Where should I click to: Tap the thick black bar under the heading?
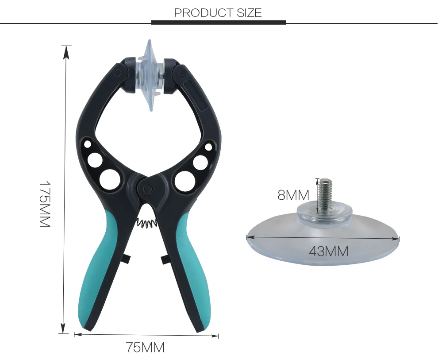pyautogui.click(x=219, y=22)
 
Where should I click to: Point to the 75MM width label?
pyautogui.click(x=145, y=348)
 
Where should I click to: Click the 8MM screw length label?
pyautogui.click(x=293, y=195)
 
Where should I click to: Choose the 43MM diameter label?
pyautogui.click(x=328, y=252)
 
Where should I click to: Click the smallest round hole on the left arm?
pyautogui.click(x=88, y=144)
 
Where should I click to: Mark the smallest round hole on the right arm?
pyautogui.click(x=208, y=146)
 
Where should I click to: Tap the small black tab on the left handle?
pyautogui.click(x=127, y=259)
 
